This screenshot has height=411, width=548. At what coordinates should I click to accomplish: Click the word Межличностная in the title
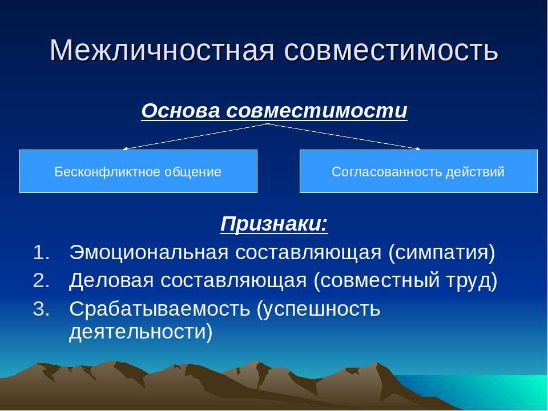click(x=162, y=50)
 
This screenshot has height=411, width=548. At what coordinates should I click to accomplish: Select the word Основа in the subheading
click(x=181, y=111)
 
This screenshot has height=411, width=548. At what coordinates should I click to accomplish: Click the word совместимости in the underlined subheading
click(x=317, y=111)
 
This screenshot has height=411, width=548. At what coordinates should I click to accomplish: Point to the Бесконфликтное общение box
click(x=138, y=171)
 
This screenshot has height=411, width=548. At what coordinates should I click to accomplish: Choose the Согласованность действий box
click(x=418, y=171)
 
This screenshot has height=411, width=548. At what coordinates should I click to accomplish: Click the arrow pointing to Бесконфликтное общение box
click(x=196, y=136)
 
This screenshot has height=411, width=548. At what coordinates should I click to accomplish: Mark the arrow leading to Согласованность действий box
click(x=344, y=136)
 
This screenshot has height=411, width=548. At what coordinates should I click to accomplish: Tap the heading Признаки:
click(x=275, y=224)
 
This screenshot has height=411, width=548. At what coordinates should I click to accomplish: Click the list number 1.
click(x=41, y=252)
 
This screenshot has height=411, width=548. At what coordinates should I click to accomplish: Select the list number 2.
click(x=41, y=281)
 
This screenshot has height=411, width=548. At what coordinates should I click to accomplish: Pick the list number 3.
click(x=41, y=309)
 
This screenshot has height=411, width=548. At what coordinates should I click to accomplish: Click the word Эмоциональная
click(x=149, y=252)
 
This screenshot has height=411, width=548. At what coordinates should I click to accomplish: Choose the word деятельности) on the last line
click(x=141, y=332)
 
